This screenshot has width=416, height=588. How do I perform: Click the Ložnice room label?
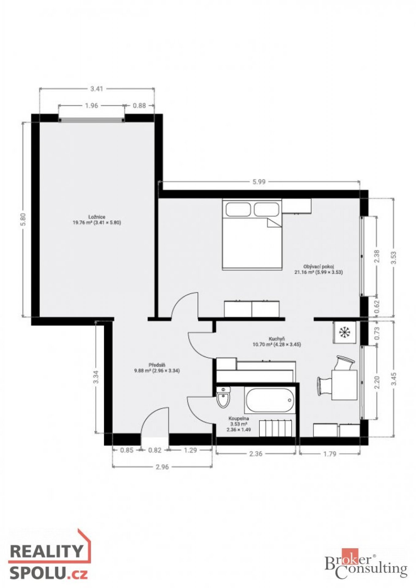(x=96, y=220)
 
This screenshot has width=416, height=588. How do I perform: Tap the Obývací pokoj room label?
(x=318, y=269)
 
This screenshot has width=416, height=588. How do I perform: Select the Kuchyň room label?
(x=277, y=341)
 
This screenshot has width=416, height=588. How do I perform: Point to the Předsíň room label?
(x=157, y=368)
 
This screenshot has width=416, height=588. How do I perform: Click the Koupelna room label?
(x=239, y=424)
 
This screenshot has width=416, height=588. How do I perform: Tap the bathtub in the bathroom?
(x=270, y=400)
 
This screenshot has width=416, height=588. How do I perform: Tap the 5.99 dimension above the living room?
(x=259, y=182)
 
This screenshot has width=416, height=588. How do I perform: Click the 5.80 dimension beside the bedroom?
(x=25, y=219)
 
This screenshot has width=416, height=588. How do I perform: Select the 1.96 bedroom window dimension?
(x=91, y=106)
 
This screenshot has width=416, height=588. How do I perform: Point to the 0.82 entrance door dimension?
(x=155, y=450)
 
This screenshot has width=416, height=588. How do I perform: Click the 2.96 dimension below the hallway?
(x=162, y=467)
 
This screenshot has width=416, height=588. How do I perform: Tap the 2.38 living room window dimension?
(x=377, y=256)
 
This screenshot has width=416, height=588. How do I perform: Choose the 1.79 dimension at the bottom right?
(x=330, y=454)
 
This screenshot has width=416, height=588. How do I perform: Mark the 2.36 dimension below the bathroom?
(x=256, y=454)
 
